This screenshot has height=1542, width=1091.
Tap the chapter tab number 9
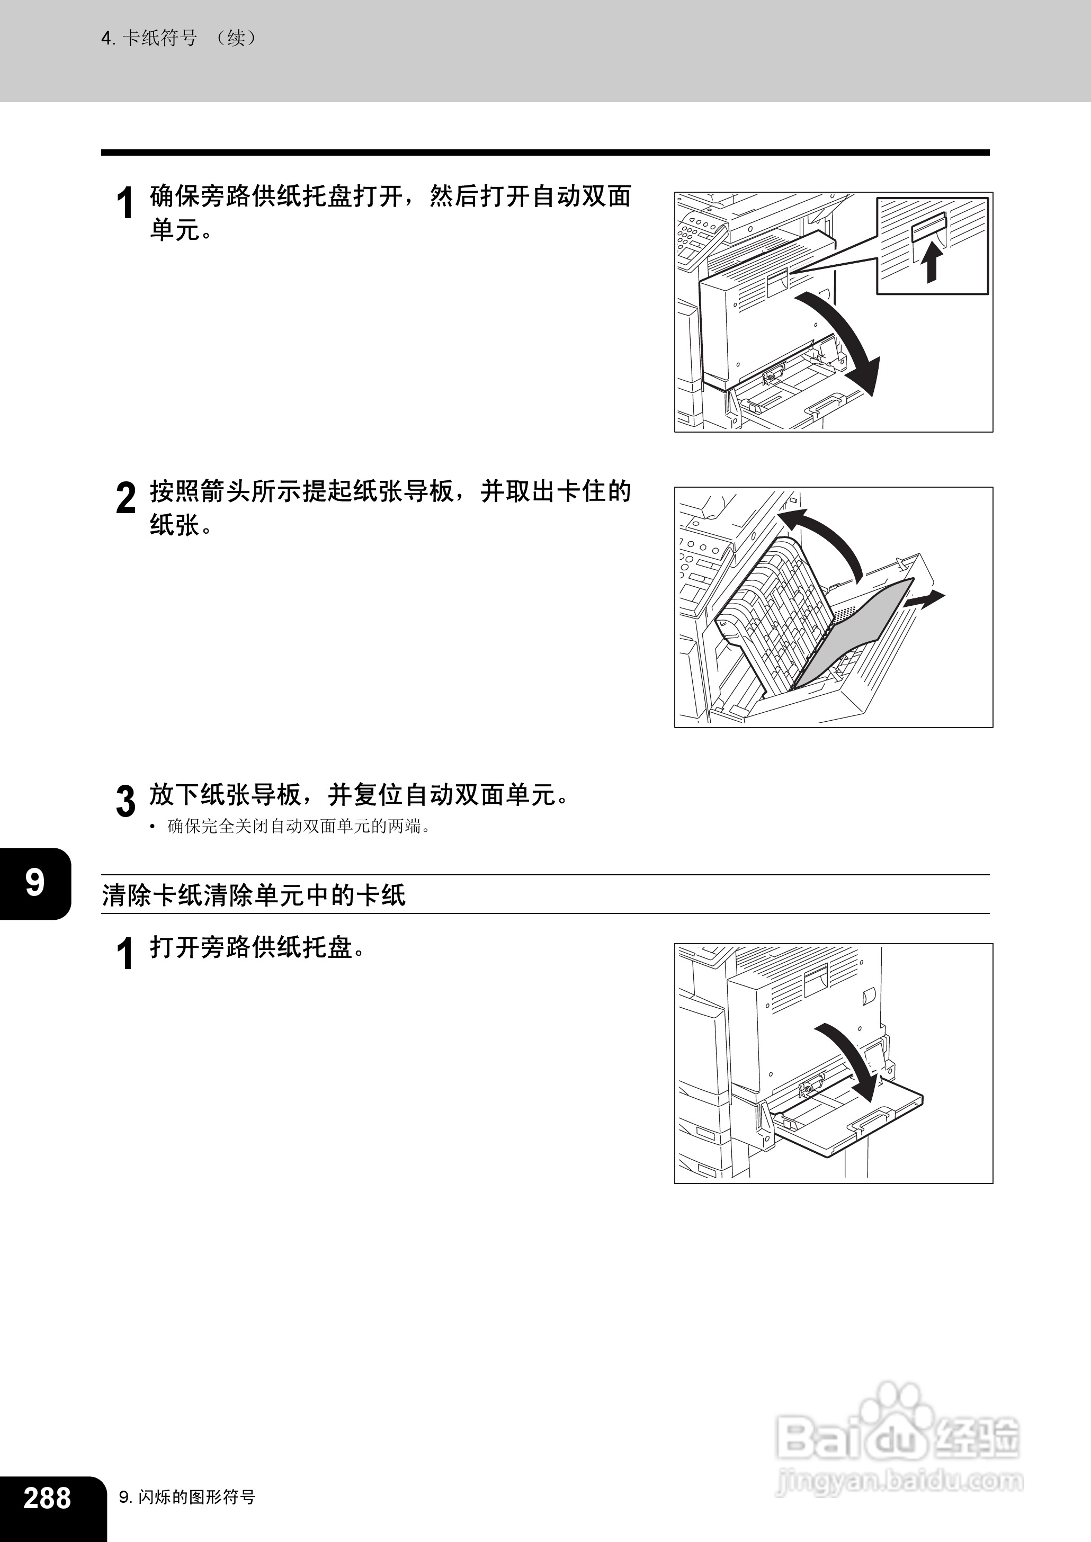pos(35,883)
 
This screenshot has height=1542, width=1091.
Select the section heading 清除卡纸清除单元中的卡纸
pos(254,894)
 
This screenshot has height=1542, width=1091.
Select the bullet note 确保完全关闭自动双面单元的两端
pos(298,826)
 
